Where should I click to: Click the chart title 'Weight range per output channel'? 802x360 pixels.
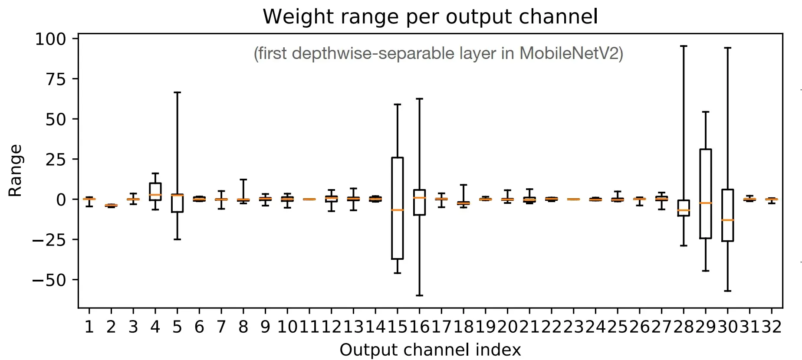pos(430,16)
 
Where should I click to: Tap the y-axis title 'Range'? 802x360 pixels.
pos(15,170)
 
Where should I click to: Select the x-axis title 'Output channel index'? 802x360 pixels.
pos(430,350)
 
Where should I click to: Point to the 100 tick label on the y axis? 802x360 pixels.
pos(50,39)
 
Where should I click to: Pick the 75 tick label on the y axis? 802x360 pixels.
pos(56,79)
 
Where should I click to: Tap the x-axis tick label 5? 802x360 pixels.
pos(177,327)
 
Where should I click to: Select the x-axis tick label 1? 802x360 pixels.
pos(89,327)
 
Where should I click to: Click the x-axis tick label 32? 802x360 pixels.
pos(771,327)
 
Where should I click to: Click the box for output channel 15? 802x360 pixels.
pos(397,182)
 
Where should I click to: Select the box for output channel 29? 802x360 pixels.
pos(705,173)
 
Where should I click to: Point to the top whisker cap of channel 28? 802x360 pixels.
pos(684,46)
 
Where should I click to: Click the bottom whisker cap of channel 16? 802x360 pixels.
pos(419,295)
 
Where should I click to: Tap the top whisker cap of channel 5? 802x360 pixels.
pos(177,92)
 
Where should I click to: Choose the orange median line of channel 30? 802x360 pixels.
pos(727,220)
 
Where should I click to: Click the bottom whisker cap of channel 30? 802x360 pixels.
pos(727,291)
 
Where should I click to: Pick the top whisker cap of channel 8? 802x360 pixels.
pos(243,180)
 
